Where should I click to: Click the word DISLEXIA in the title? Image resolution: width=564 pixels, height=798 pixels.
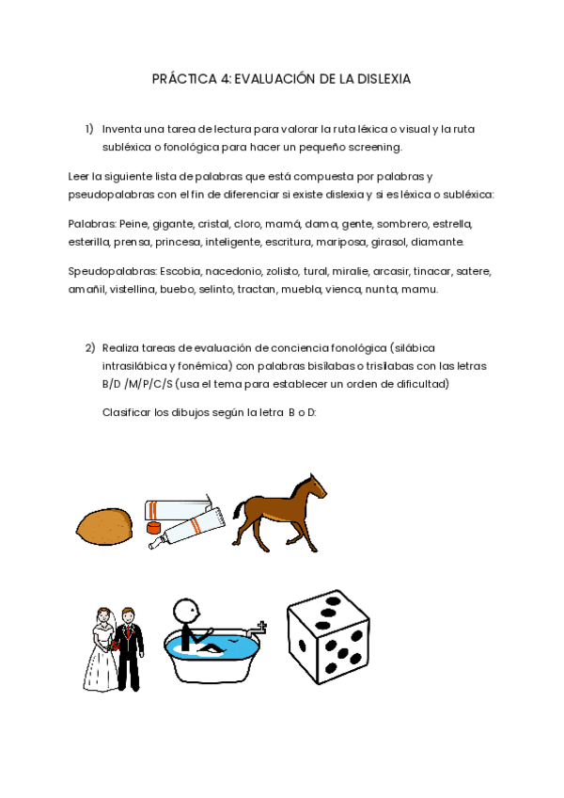(x=384, y=80)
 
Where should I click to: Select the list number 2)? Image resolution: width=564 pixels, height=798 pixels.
(x=90, y=347)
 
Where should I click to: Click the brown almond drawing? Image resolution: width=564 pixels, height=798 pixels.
(x=105, y=525)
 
